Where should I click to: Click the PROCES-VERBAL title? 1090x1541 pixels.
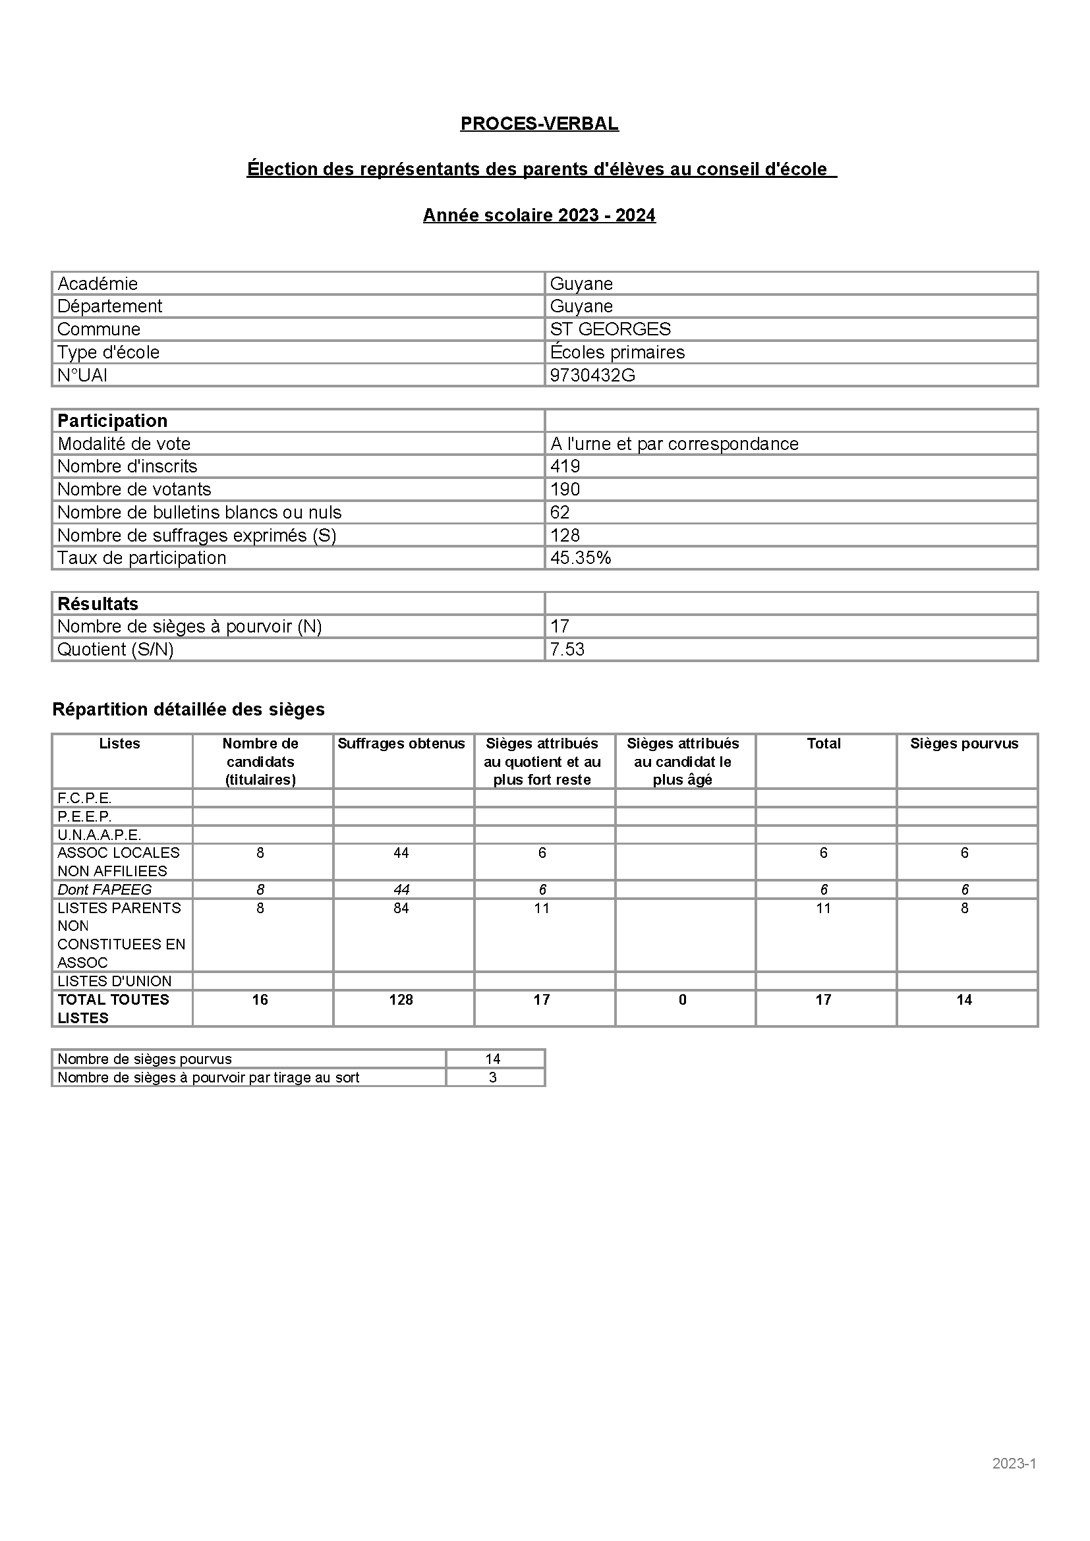click(x=539, y=123)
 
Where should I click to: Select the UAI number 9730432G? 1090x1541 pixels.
click(x=592, y=375)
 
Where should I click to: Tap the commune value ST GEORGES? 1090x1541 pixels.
click(x=610, y=329)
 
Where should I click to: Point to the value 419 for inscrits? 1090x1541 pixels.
click(x=565, y=466)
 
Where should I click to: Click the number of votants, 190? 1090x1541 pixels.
click(x=565, y=490)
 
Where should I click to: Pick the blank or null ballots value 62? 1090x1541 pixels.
click(x=559, y=512)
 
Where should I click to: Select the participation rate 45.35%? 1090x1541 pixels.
click(x=580, y=558)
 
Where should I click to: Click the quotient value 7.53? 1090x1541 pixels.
click(x=567, y=649)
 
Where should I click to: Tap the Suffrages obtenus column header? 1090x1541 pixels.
click(x=401, y=744)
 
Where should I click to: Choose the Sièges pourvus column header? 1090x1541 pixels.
click(x=964, y=744)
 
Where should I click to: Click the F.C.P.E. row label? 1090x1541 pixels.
click(x=84, y=798)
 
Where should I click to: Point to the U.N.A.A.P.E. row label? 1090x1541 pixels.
click(x=99, y=835)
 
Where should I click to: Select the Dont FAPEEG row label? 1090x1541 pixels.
click(x=104, y=889)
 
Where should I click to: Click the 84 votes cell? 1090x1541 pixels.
click(x=401, y=908)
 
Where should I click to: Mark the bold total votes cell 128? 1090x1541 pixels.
click(x=401, y=1000)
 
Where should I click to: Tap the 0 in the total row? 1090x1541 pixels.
click(x=682, y=1000)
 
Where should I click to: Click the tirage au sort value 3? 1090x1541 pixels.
click(x=493, y=1077)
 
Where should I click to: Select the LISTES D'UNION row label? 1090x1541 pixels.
click(x=114, y=981)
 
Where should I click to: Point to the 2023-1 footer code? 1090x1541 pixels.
click(x=1014, y=1464)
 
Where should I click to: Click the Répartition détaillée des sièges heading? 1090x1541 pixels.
click(x=188, y=710)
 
